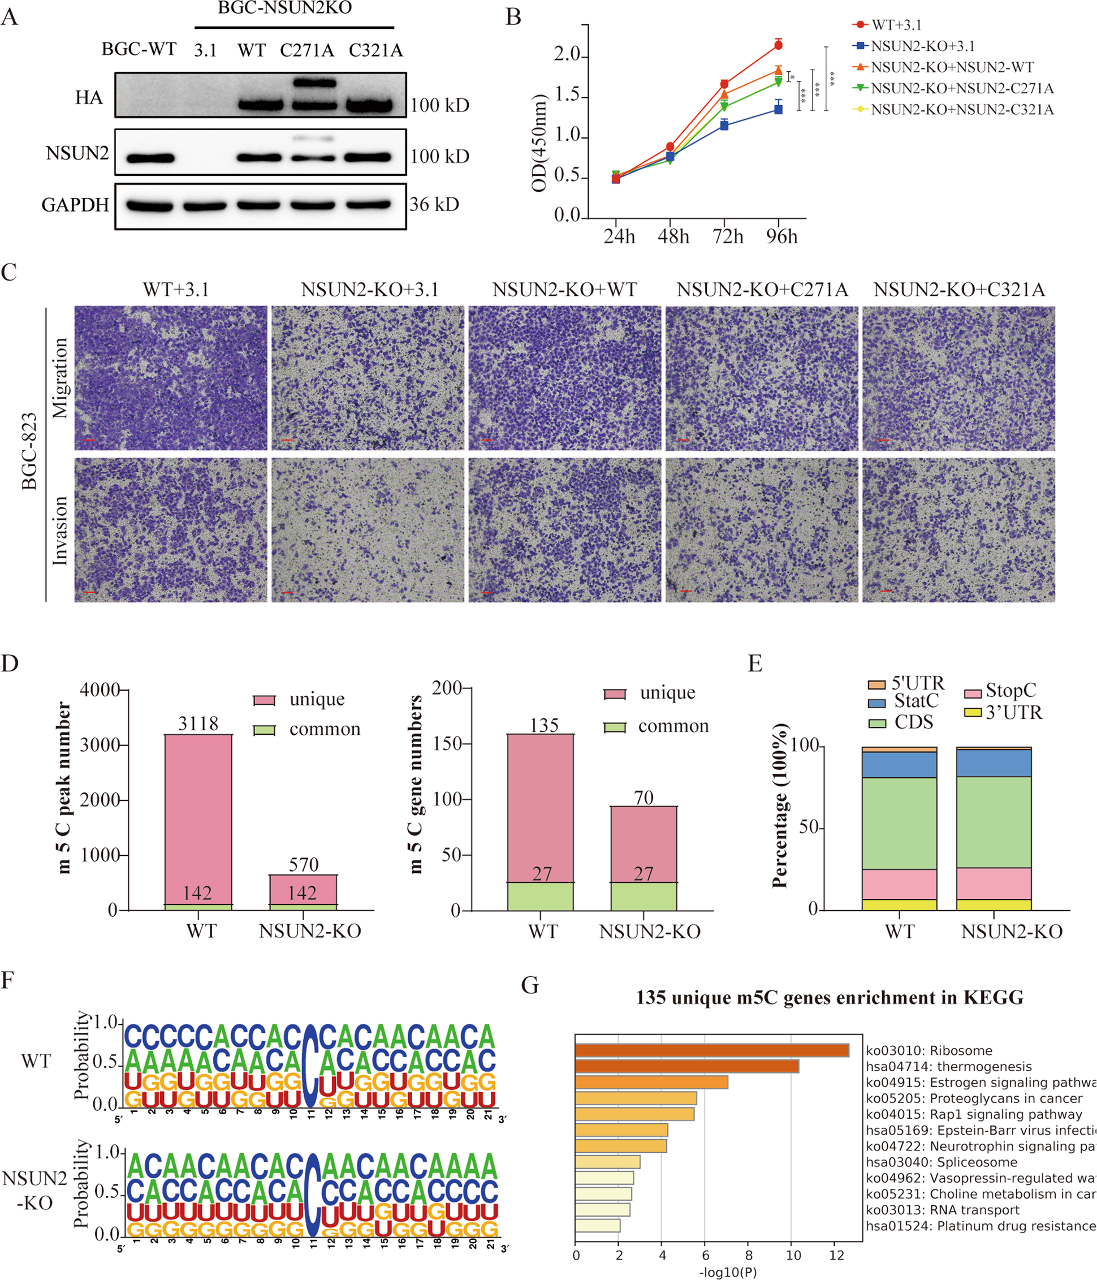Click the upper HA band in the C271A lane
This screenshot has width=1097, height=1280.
pyautogui.click(x=315, y=83)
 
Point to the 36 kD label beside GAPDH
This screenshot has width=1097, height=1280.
pyautogui.click(x=434, y=205)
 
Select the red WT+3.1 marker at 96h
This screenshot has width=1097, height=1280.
pyautogui.click(x=778, y=45)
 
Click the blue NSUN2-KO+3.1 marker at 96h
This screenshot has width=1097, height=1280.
pyautogui.click(x=778, y=109)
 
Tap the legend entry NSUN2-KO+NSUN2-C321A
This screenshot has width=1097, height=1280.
pyautogui.click(x=962, y=110)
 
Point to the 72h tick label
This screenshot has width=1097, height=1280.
pyautogui.click(x=728, y=236)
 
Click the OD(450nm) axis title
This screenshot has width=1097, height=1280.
pyautogui.click(x=539, y=143)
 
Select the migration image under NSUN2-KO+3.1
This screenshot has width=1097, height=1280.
pyautogui.click(x=368, y=378)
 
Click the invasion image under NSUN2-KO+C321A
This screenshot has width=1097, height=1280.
pyautogui.click(x=958, y=530)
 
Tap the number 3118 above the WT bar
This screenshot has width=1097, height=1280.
pyautogui.click(x=198, y=723)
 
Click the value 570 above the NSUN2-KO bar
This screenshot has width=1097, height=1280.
pyautogui.click(x=303, y=864)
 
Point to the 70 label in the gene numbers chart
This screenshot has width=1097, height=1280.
pyautogui.click(x=643, y=798)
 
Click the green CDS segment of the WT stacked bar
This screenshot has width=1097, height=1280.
pyautogui.click(x=899, y=823)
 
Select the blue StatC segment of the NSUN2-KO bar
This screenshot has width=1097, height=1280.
pyautogui.click(x=993, y=763)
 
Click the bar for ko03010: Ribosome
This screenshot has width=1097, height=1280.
pyautogui.click(x=711, y=1050)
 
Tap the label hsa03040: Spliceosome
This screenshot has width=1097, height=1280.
pyautogui.click(x=941, y=1162)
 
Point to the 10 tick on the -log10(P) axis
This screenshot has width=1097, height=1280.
pyautogui.click(x=793, y=1255)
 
